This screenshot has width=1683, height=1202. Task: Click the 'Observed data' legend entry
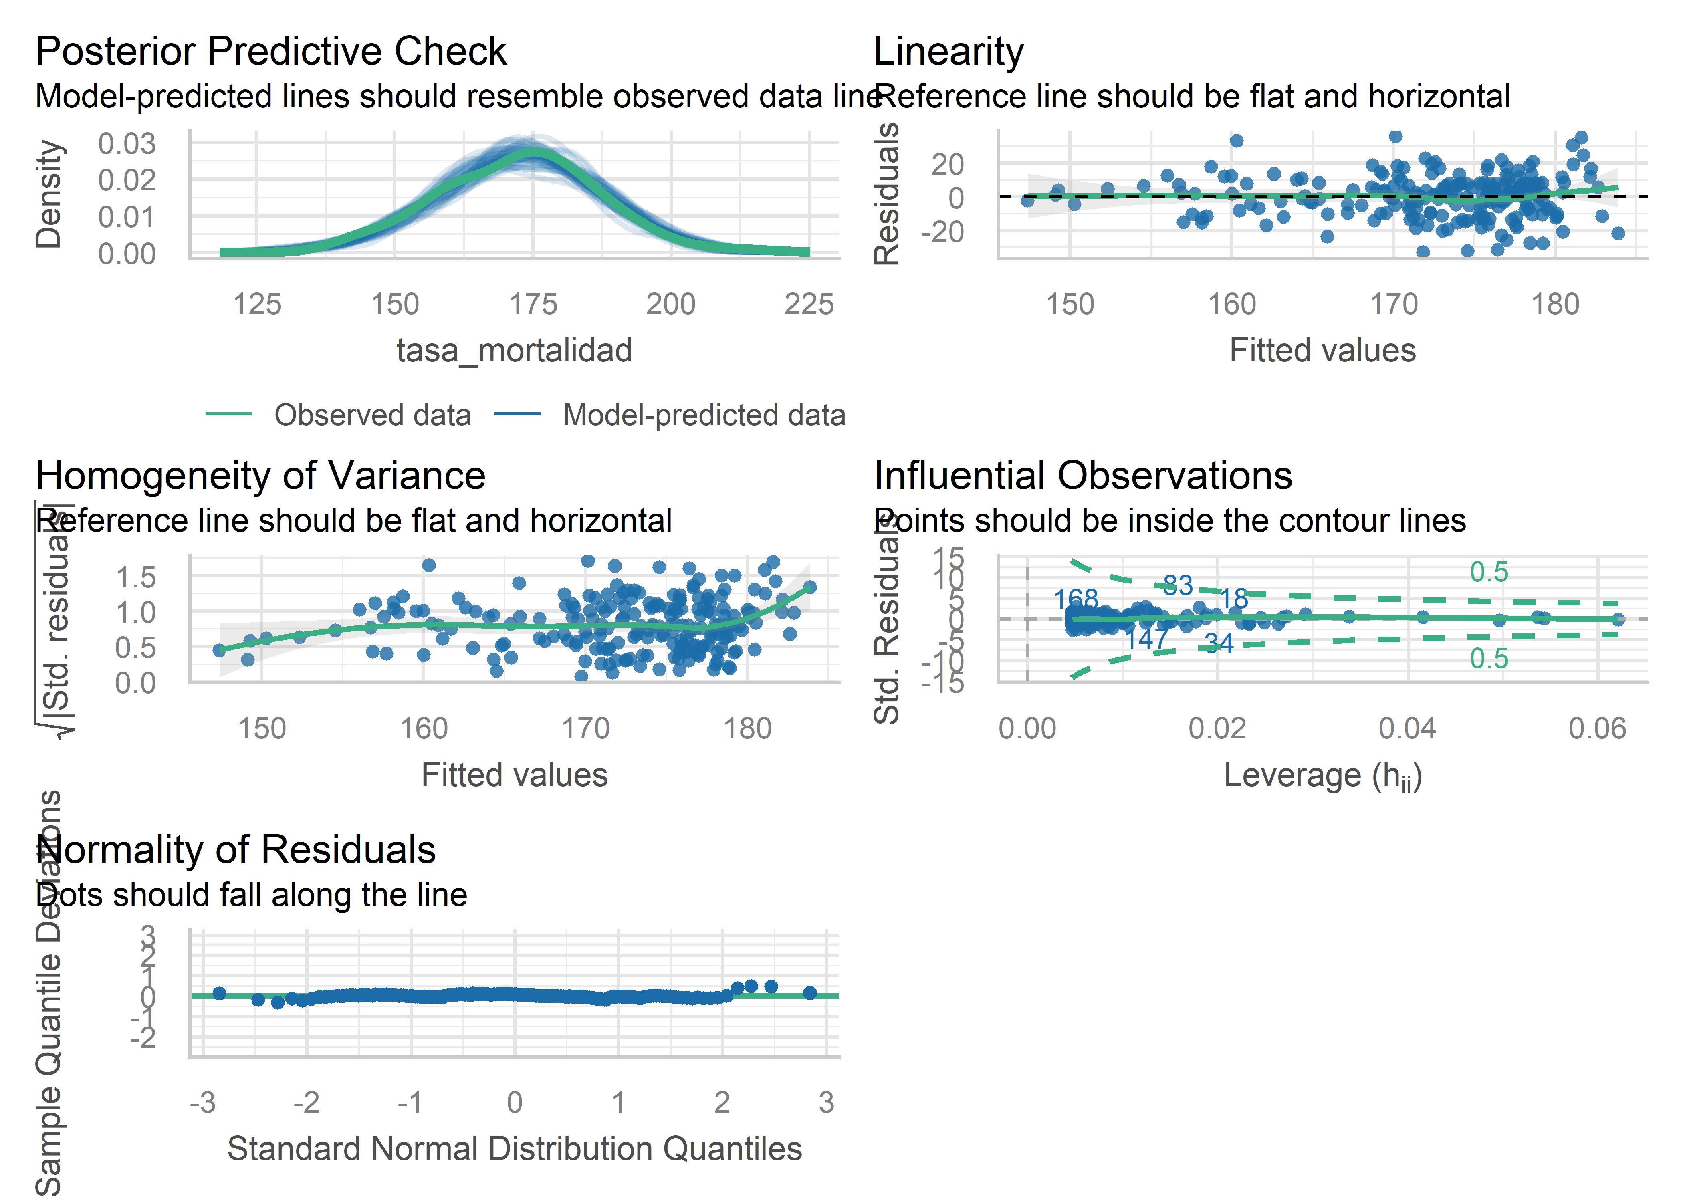(x=372, y=415)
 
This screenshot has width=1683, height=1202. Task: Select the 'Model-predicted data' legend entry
(x=703, y=415)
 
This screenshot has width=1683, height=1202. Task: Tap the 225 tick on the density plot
(x=809, y=304)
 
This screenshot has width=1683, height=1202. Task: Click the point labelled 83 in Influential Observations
(x=1178, y=585)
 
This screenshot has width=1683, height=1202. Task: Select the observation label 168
(x=1076, y=599)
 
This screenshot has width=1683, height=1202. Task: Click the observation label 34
(x=1218, y=643)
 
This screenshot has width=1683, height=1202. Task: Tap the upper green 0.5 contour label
(x=1488, y=572)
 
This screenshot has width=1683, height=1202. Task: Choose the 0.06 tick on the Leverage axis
(x=1597, y=729)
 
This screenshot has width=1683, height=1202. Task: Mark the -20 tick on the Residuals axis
(x=942, y=232)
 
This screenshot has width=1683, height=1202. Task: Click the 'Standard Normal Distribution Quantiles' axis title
(x=515, y=1149)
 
